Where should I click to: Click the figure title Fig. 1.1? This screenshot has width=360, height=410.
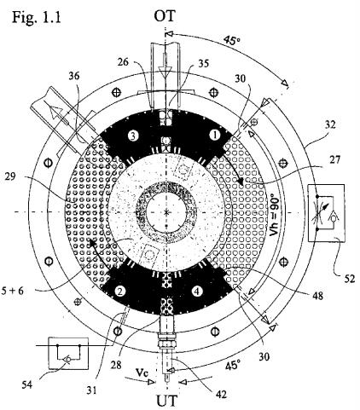point(36,17)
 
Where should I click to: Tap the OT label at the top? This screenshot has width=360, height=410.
point(165,16)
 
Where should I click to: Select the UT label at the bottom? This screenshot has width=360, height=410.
point(167,401)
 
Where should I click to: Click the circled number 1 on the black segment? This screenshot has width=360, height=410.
point(215,136)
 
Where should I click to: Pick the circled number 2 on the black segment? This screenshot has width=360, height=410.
point(120,291)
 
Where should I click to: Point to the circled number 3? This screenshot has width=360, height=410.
point(133,136)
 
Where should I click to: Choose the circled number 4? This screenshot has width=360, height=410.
point(197,291)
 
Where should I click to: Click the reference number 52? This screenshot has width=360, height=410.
point(350,279)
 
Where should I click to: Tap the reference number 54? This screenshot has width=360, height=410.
point(27,385)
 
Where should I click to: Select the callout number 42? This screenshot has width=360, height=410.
point(221,394)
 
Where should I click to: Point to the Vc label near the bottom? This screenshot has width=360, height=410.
point(142,372)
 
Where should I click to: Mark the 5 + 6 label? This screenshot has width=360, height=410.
point(13,291)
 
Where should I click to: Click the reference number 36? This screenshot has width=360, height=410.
point(74,76)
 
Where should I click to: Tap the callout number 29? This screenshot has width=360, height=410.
point(11,176)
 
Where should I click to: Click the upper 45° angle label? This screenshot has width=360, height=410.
point(231,40)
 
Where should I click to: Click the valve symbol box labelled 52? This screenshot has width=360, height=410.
point(327,213)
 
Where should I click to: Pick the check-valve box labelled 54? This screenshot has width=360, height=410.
point(68,353)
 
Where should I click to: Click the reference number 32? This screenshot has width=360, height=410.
point(329,124)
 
